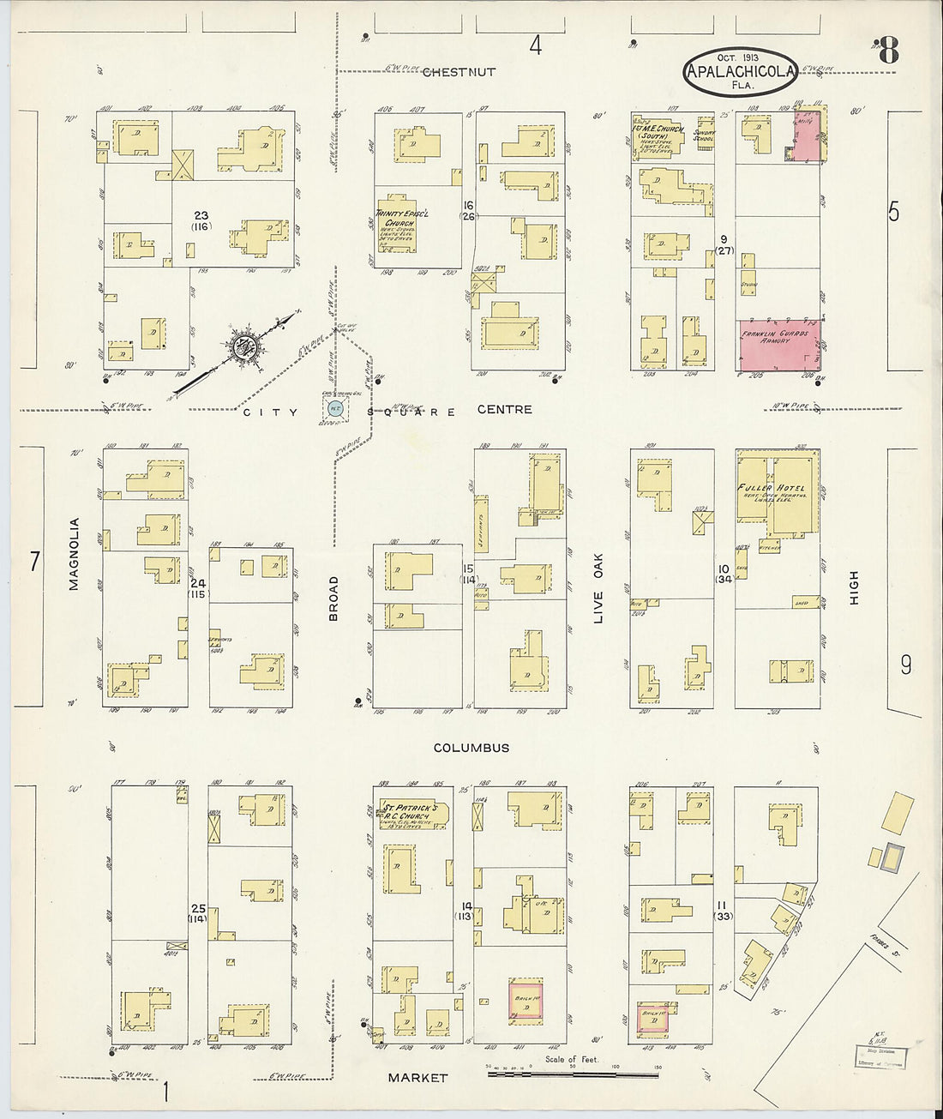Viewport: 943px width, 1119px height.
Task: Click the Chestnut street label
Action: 459,72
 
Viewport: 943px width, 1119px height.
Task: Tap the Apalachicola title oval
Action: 741,71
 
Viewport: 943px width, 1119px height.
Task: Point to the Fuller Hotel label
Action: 771,488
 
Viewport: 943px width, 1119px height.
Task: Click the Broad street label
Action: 333,598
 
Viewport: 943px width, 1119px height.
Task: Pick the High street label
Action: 854,588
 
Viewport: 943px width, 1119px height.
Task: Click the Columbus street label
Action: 471,748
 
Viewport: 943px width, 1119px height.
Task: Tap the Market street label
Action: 417,1077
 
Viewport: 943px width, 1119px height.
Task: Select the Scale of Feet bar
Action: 566,1070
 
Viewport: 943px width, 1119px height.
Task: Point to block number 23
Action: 201,215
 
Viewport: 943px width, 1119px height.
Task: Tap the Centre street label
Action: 504,410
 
